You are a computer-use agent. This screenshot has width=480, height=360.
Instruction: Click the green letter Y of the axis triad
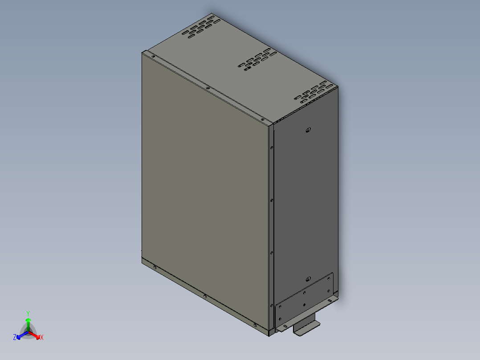coord(28,313)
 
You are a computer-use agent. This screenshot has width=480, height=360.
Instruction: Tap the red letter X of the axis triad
coord(42,338)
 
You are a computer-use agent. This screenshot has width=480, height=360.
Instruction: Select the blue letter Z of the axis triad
coord(15,338)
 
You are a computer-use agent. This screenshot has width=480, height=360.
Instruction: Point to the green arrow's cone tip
coord(28,320)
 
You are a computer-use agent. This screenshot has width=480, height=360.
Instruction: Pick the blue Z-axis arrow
coord(20,335)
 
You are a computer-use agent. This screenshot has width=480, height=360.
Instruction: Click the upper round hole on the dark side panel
coord(308,130)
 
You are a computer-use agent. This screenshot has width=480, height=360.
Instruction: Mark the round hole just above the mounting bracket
coord(308,278)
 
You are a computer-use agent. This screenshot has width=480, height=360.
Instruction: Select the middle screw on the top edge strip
coord(208,87)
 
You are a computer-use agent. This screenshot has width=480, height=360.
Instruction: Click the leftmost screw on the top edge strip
coord(152,57)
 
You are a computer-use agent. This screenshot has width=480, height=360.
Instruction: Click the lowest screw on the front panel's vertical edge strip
coord(272,305)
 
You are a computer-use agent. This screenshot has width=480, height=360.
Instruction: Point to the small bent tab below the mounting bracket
coord(306,328)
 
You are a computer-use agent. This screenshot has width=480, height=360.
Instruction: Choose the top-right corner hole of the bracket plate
coord(329,277)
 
